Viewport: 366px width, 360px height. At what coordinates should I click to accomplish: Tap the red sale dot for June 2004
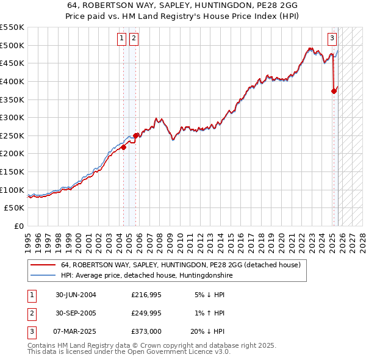pyautogui.click(x=123, y=147)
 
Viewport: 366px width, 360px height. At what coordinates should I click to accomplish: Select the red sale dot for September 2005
pyautogui.click(x=136, y=135)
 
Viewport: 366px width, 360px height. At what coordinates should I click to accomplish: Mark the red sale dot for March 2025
pyautogui.click(x=334, y=91)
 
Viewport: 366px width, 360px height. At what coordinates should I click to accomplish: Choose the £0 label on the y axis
pyautogui.click(x=19, y=226)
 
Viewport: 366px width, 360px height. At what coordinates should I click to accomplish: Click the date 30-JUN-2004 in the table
pyautogui.click(x=76, y=295)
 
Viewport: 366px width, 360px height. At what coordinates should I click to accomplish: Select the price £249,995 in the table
pyautogui.click(x=146, y=313)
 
